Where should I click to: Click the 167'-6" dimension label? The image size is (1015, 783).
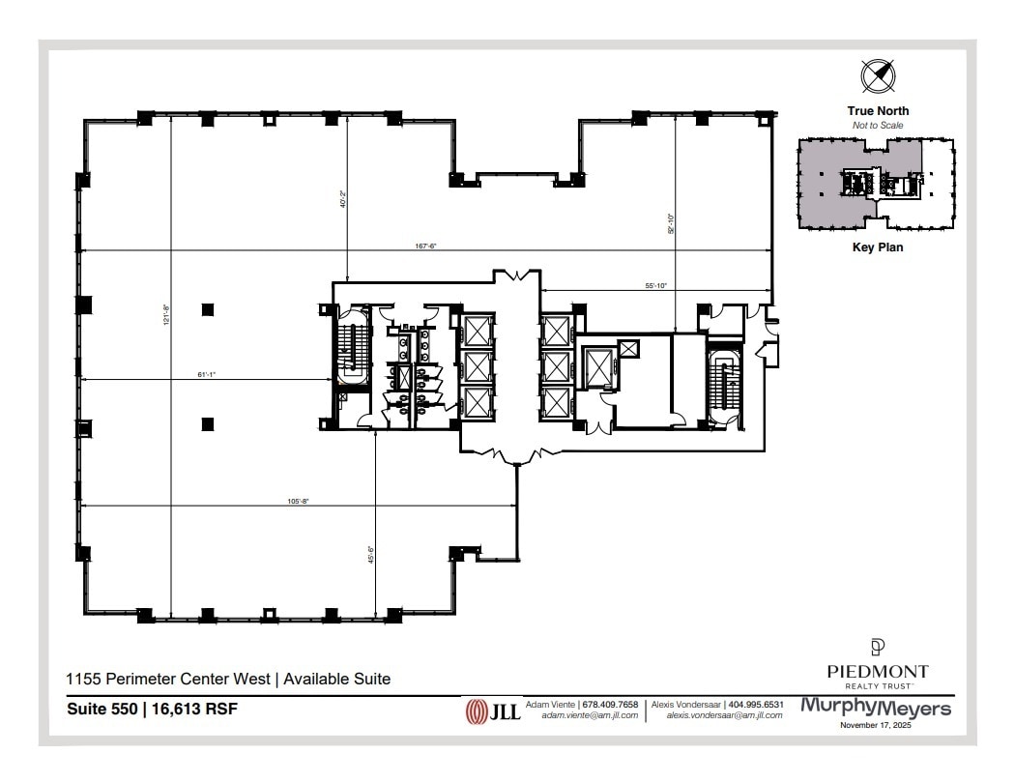(426, 246)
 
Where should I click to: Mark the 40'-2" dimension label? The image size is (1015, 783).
(343, 199)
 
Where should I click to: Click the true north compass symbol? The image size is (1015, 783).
(878, 75)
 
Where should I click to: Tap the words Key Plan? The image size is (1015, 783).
(878, 247)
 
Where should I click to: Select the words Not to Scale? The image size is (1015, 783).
(878, 126)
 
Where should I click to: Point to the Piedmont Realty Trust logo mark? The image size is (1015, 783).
(878, 647)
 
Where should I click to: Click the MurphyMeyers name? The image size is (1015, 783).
(876, 709)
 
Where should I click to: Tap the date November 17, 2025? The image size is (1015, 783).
(876, 725)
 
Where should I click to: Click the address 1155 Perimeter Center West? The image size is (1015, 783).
(169, 680)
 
